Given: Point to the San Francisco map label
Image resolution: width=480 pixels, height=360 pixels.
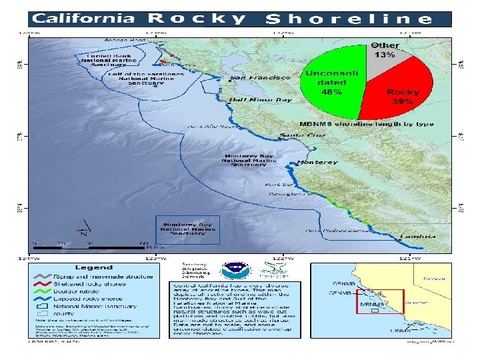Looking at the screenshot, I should (261, 78).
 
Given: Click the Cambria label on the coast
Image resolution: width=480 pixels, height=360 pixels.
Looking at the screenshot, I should (418, 237).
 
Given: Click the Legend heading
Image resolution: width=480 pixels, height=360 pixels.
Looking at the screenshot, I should (94, 267).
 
